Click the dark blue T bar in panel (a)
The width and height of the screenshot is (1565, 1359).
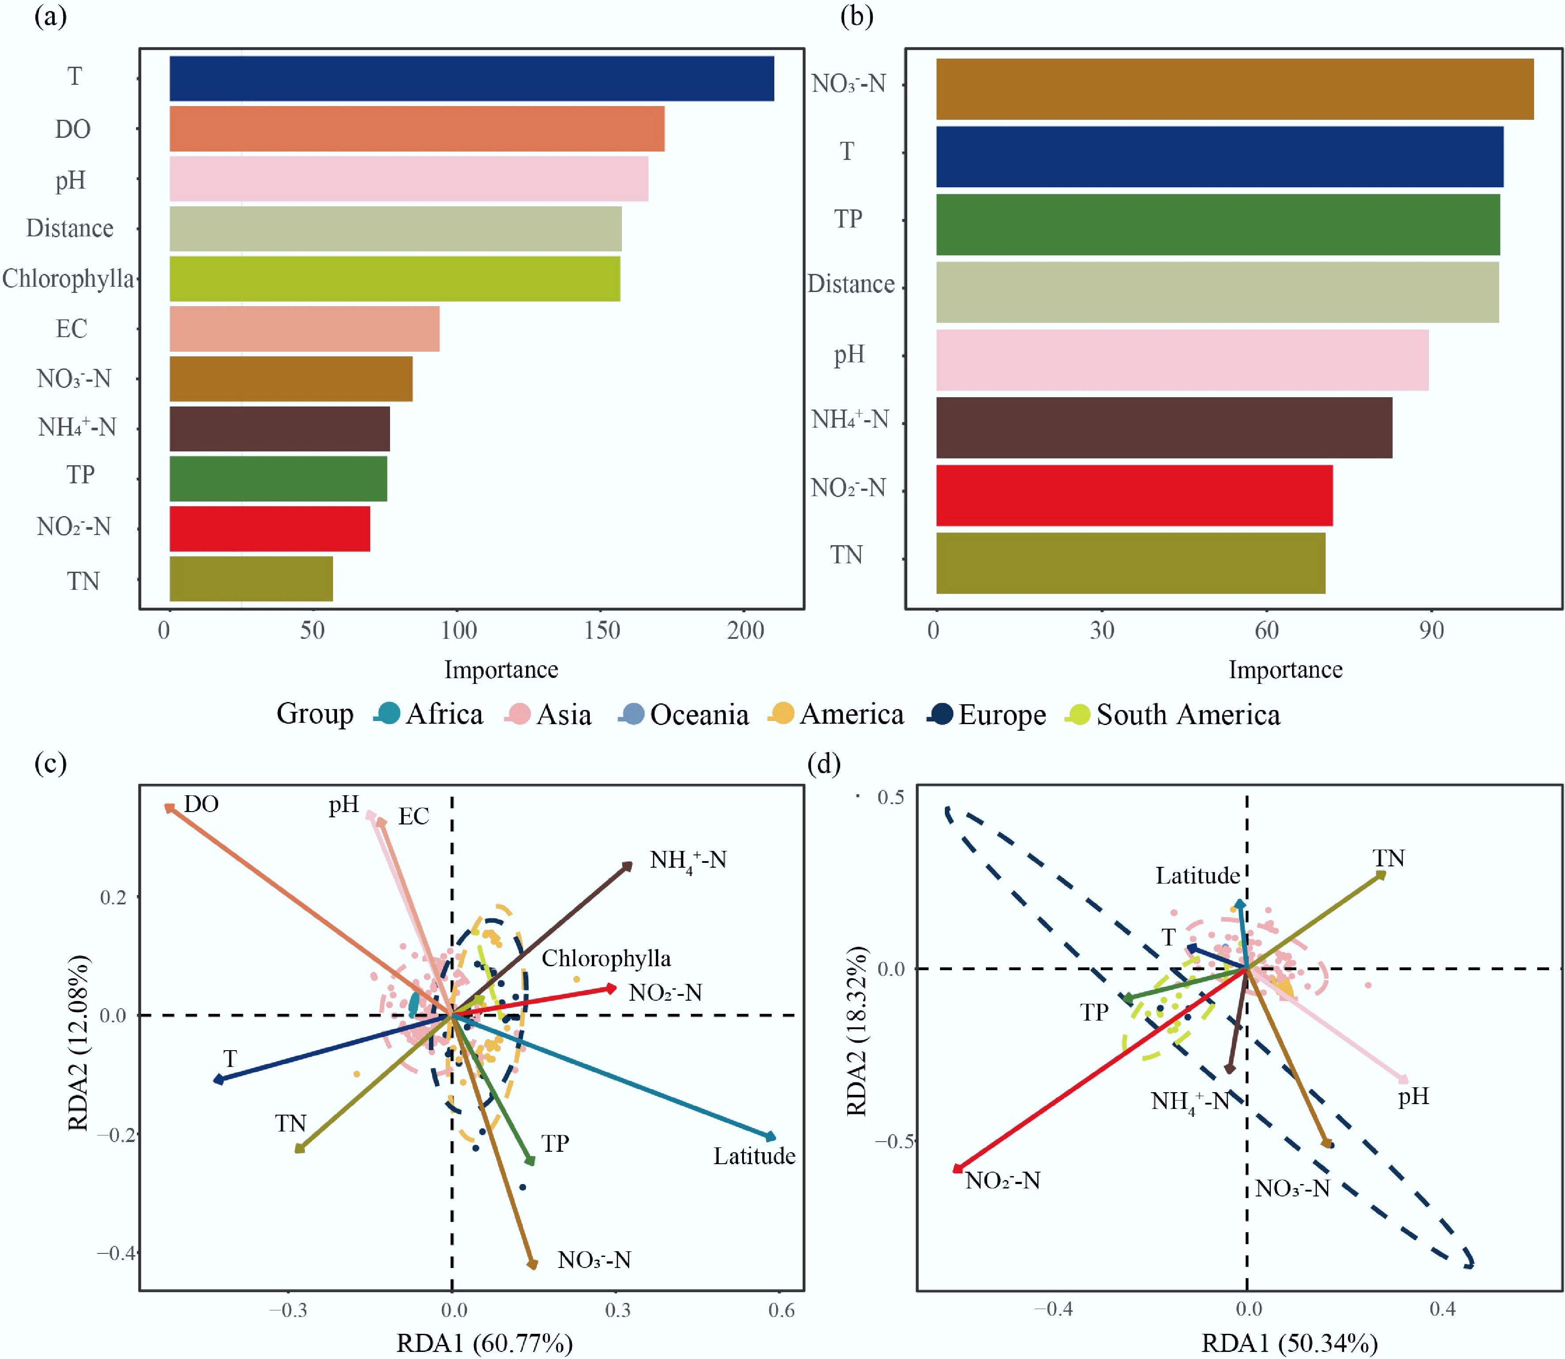[x=472, y=78]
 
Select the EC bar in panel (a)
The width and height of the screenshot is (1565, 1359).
[x=304, y=328]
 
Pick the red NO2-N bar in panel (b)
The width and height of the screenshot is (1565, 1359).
[x=1134, y=495]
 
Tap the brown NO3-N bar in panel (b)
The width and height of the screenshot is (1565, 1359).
[x=1235, y=90]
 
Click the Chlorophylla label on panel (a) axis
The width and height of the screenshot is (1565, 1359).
[x=68, y=279]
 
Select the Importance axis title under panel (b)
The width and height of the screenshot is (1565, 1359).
[x=1285, y=670]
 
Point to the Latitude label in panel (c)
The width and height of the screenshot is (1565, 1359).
[x=754, y=1156]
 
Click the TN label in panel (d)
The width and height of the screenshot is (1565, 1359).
[x=1388, y=858]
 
